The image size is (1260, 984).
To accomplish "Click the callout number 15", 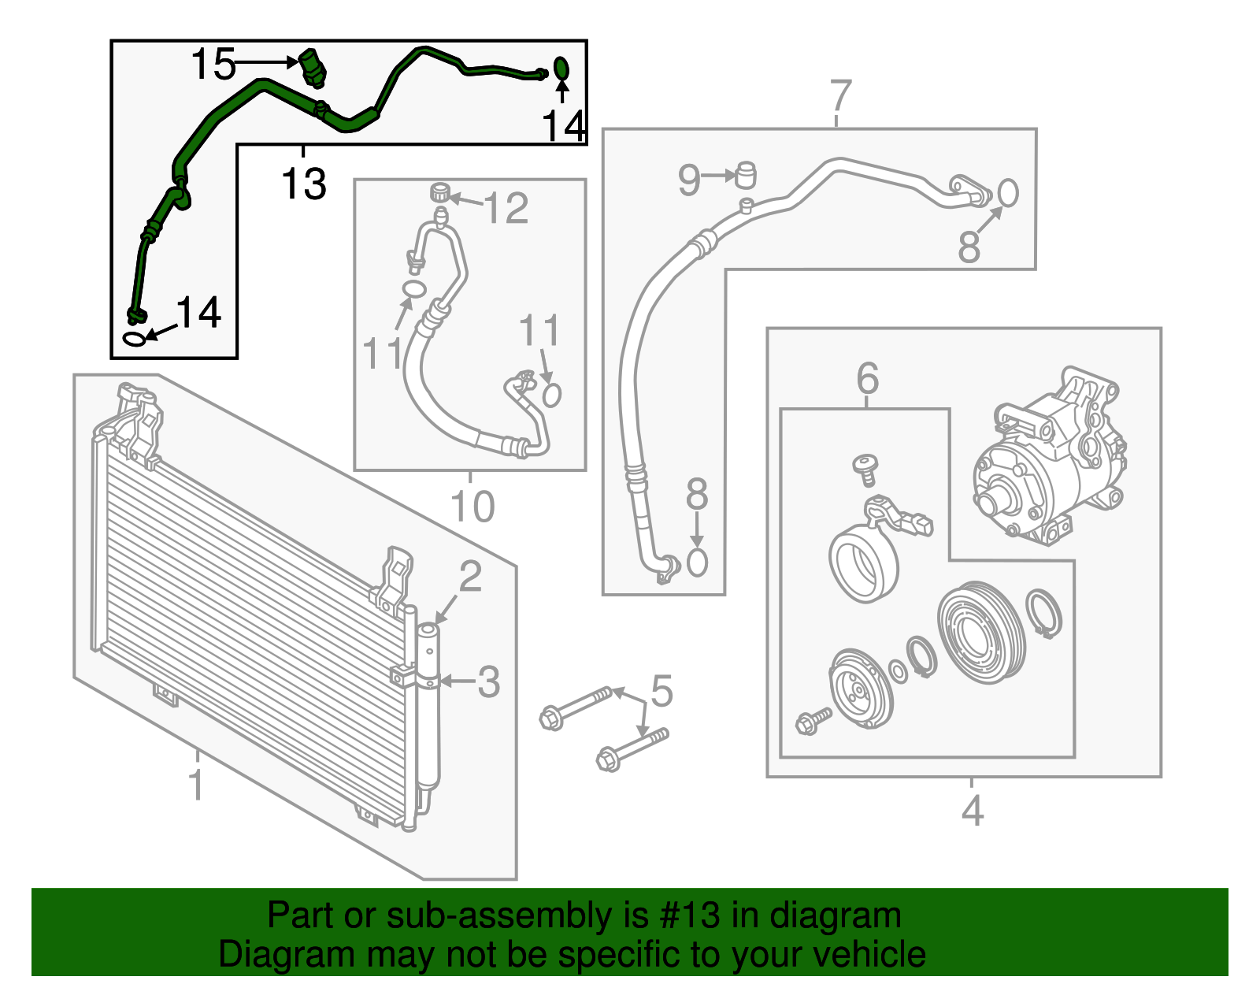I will point(213,64).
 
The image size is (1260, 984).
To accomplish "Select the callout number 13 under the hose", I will point(304,184).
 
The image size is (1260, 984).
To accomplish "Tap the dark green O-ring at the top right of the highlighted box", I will point(561,69).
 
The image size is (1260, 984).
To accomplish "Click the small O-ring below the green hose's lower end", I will point(135,338).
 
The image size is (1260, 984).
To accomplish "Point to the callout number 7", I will point(841,96).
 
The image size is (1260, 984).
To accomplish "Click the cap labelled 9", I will point(745,174).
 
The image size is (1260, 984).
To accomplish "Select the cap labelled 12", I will point(440,191).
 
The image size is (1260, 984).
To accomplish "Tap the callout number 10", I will point(472,507).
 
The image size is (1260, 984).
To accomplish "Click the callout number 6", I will point(867,379).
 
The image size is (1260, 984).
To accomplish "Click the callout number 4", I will point(973,811).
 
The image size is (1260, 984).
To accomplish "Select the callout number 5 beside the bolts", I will point(661,691).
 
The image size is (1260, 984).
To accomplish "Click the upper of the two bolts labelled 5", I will point(576,706).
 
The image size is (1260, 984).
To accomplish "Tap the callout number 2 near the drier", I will point(470,577).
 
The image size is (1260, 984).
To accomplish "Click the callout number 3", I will point(489,681).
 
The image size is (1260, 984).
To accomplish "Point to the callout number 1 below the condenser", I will point(196,785).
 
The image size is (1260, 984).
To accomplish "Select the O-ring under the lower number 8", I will point(697,563).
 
